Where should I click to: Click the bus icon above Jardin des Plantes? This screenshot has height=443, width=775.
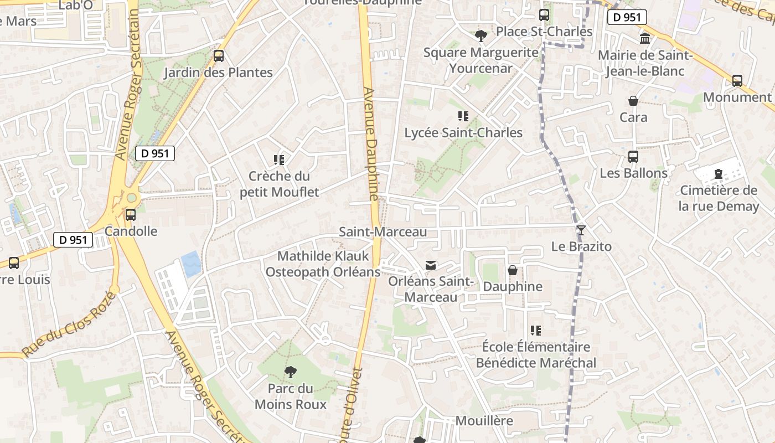coord(219,56)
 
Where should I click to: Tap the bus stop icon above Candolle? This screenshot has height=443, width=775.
coord(131,215)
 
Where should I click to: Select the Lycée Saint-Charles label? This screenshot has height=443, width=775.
coord(463,133)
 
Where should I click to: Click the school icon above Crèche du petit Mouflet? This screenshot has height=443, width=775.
coord(279,160)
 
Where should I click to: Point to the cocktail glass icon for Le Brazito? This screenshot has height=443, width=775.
coord(581,230)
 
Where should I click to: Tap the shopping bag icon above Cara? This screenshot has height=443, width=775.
coord(633,101)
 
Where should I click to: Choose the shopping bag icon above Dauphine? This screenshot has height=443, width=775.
coord(513,271)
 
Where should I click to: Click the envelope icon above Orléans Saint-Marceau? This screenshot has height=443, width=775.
coord(431,265)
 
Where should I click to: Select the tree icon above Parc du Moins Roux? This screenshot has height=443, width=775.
coord(290,372)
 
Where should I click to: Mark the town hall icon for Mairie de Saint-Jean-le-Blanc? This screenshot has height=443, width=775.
coord(645,39)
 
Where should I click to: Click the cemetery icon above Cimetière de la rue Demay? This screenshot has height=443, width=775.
coord(719,174)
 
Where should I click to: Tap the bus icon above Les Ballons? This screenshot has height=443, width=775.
coord(633,157)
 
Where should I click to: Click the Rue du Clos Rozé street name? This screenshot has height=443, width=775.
coord(69,324)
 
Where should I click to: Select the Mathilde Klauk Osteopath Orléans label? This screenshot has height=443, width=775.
coord(323,264)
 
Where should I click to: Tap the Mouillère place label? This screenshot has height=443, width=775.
coord(484,421)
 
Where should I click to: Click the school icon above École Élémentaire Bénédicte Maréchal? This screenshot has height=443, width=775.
coord(535,331)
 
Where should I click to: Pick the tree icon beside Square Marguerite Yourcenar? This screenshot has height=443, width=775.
coord(481,36)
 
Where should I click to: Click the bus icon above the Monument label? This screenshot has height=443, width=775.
coord(737,81)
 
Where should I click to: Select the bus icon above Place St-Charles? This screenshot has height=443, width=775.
coord(544,15)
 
